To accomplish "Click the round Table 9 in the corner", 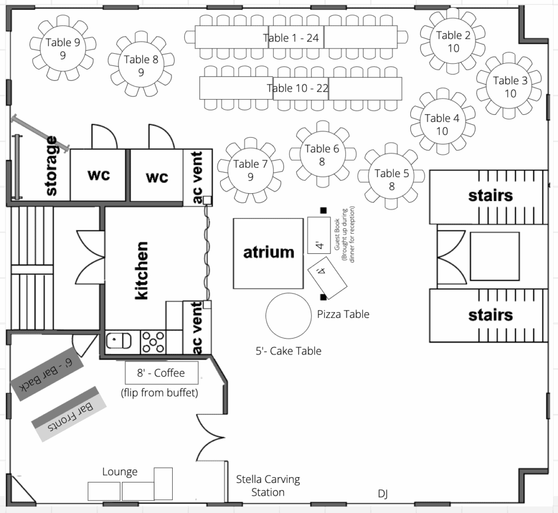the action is pos(63,48).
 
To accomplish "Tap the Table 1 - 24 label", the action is pos(291,38).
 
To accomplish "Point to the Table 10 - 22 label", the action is pos(298,88).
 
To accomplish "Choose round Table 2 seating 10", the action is pos(453,41).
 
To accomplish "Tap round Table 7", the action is pos(251,170).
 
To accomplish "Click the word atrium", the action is pos(269,252).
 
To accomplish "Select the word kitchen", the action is pos(142,270).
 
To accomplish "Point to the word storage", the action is pos(51,166).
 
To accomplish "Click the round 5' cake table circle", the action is pos(289,316).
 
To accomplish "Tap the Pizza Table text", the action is pos(343,314).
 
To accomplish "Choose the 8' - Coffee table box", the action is pos(161,372).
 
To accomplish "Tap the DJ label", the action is pos(383,493).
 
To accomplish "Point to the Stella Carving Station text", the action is pos(268,486).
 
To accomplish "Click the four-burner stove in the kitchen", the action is pos(153,342).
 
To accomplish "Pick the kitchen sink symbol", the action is pos(118,341).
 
